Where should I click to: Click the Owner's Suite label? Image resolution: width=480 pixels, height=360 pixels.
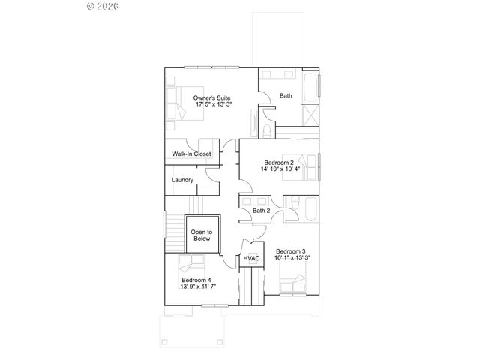pyautogui.click(x=211, y=98)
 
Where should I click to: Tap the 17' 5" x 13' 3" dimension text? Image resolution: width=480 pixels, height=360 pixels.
pyautogui.click(x=212, y=105)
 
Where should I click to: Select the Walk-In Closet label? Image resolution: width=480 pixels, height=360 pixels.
pyautogui.click(x=191, y=154)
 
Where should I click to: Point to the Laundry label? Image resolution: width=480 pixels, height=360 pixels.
pyautogui.click(x=183, y=180)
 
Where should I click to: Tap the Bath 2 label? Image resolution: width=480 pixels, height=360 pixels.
pyautogui.click(x=261, y=211)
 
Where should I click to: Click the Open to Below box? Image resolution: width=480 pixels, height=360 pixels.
pyautogui.click(x=201, y=235)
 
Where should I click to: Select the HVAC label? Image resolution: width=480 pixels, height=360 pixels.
pyautogui.click(x=252, y=258)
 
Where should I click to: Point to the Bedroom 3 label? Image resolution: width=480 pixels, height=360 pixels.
pyautogui.click(x=290, y=251)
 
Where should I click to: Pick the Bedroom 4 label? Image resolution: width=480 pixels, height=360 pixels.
pyautogui.click(x=196, y=280)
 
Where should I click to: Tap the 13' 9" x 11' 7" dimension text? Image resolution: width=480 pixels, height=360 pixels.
pyautogui.click(x=197, y=287)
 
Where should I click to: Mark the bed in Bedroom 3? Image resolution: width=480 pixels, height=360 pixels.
pyautogui.click(x=292, y=286)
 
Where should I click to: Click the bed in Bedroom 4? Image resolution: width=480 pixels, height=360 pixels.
pyautogui.click(x=191, y=264)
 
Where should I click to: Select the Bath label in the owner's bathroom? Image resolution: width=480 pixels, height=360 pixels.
pyautogui.click(x=286, y=95)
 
